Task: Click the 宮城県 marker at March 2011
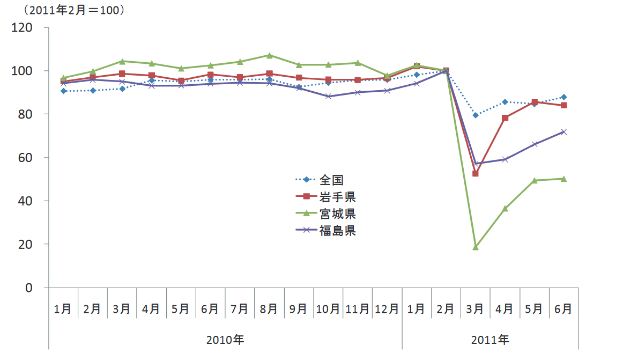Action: click(475, 247)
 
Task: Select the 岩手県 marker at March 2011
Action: click(475, 173)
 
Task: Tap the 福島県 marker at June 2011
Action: click(563, 131)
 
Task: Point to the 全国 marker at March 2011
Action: click(475, 115)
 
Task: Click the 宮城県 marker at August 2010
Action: click(269, 55)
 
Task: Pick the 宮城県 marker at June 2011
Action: click(563, 179)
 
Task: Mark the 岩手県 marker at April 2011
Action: click(505, 117)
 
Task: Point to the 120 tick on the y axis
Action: click(23, 27)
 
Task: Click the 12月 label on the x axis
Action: click(387, 309)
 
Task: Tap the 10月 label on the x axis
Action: click(328, 309)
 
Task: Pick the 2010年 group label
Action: click(225, 340)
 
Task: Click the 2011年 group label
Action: click(490, 340)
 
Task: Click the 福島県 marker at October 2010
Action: click(328, 96)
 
